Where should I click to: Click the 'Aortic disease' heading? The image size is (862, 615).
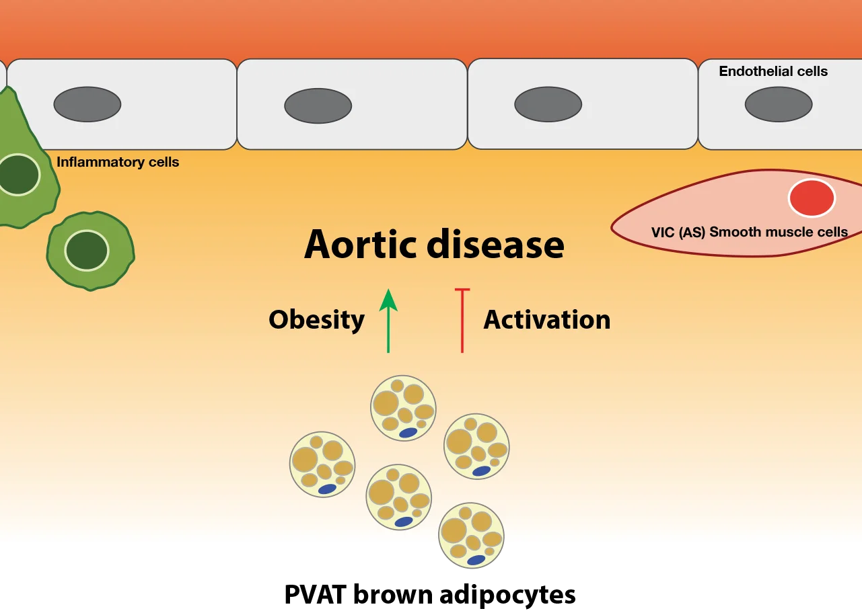click(434, 245)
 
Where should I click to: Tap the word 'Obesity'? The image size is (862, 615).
click(316, 319)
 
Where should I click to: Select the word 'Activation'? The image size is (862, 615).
click(546, 319)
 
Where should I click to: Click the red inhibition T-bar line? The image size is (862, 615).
click(462, 321)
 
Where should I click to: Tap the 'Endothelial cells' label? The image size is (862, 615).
click(773, 71)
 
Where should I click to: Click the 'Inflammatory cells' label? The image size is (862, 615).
click(118, 162)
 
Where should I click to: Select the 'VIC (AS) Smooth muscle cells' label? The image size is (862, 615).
click(749, 233)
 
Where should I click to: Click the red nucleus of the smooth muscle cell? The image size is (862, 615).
click(812, 198)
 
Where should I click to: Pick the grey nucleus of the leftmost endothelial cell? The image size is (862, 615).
click(87, 104)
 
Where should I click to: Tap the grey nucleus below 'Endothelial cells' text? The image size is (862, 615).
click(779, 104)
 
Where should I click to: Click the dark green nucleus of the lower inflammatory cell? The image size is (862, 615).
click(86, 250)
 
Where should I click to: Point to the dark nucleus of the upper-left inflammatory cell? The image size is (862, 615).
click(17, 175)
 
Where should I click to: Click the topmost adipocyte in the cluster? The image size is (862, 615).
click(403, 408)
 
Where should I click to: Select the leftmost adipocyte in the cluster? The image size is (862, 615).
click(322, 464)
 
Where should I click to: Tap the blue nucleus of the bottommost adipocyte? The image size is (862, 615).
click(476, 560)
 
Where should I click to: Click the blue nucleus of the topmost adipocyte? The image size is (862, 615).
click(408, 434)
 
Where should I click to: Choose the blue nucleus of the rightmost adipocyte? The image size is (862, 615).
click(481, 471)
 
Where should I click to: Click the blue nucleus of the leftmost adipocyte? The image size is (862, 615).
click(327, 489)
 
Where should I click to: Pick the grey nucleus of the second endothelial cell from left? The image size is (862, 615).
click(318, 106)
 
